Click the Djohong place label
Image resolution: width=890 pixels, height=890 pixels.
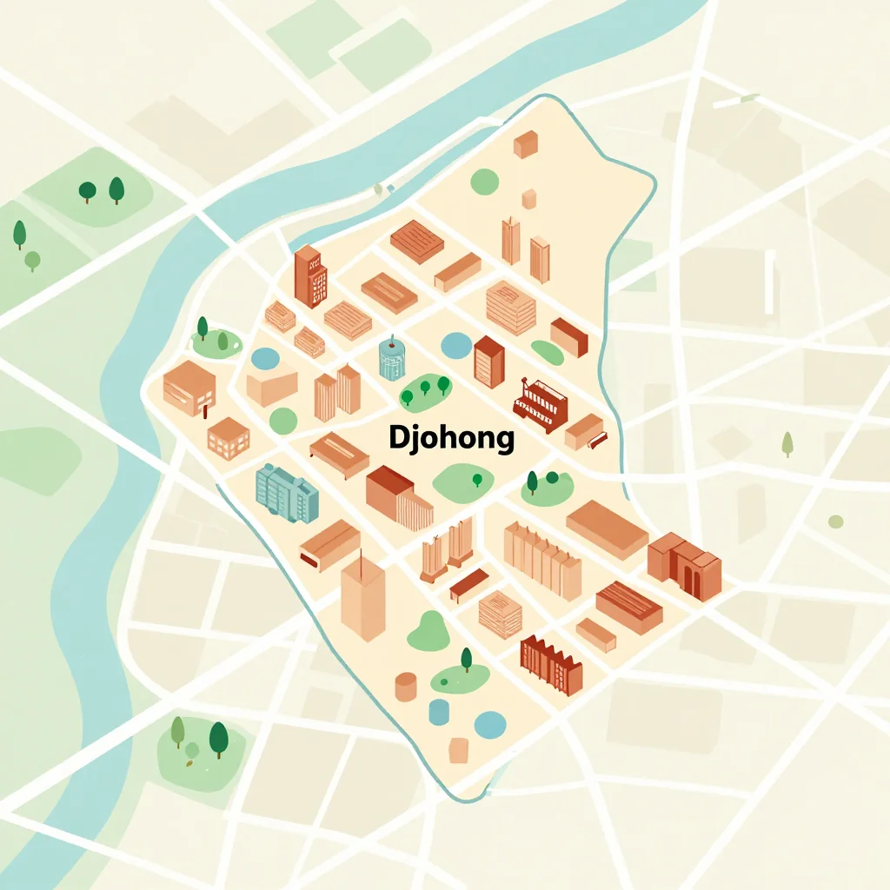pyautogui.click(x=451, y=437)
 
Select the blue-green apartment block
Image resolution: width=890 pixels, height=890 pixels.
pyautogui.click(x=287, y=493)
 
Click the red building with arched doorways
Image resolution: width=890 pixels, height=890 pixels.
pyautogui.click(x=685, y=565)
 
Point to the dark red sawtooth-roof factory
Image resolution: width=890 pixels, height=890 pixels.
pyautogui.click(x=550, y=665)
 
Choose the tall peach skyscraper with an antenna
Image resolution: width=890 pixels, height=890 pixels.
pyautogui.click(x=362, y=598)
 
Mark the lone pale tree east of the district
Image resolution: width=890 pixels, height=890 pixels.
pyautogui.click(x=787, y=443)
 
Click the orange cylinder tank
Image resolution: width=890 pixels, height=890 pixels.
pyautogui.click(x=406, y=686)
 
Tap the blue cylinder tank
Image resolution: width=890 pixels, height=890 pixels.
pyautogui.click(x=439, y=711)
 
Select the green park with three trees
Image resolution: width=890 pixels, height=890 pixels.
pyautogui.click(x=425, y=390)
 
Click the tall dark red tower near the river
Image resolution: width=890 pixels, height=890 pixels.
pyautogui.click(x=310, y=276)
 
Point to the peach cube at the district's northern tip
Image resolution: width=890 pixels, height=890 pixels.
pyautogui.click(x=526, y=143)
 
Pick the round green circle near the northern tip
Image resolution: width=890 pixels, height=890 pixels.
pyautogui.click(x=485, y=182)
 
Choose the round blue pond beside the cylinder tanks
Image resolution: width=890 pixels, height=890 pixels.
pyautogui.click(x=490, y=723)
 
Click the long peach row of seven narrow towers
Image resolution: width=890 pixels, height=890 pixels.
pyautogui.click(x=542, y=560)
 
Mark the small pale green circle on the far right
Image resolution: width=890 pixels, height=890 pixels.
pyautogui.click(x=835, y=521)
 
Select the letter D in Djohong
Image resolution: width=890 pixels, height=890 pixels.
pyautogui.click(x=398, y=437)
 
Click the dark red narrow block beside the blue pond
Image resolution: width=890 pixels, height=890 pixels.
pyautogui.click(x=488, y=361)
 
